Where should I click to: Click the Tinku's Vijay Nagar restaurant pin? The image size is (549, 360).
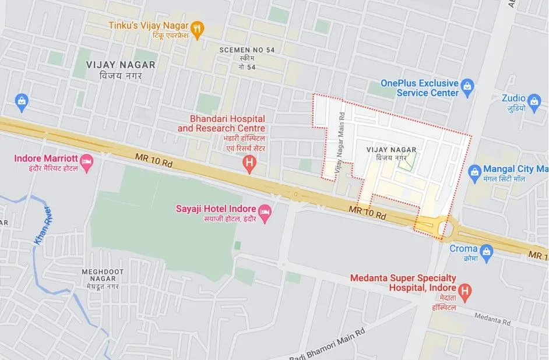click(198, 29)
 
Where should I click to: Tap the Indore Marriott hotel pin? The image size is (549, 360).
click(87, 164)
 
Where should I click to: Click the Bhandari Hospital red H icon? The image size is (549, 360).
click(250, 164)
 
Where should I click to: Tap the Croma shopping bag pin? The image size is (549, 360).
click(487, 253)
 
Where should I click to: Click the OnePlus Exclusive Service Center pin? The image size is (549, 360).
click(467, 88)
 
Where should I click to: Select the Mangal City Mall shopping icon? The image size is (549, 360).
click(474, 172)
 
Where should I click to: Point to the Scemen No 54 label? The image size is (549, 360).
click(247, 50)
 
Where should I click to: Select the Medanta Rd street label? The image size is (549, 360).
click(492, 319)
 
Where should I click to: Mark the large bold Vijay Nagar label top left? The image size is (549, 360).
click(120, 65)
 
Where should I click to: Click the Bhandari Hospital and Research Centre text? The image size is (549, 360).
click(221, 123)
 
